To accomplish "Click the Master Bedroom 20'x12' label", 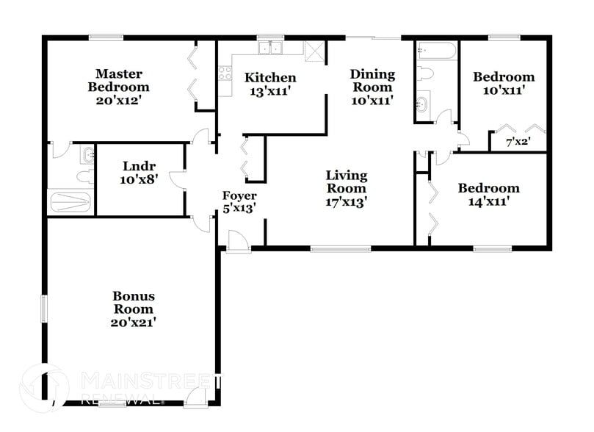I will tap(118, 87).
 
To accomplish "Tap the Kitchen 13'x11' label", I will tap(270, 84).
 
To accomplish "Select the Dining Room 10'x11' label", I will tap(372, 87).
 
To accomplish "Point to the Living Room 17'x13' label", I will tap(347, 189).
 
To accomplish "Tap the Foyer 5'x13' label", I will tap(240, 202).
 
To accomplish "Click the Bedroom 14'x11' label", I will tap(488, 194).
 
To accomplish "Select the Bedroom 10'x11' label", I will tap(503, 83).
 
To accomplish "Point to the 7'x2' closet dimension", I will tap(518, 142).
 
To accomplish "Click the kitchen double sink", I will tap(272, 48).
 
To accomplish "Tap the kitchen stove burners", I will tap(225, 72).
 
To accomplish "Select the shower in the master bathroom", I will tap(71, 203).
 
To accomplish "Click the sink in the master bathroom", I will tap(87, 154).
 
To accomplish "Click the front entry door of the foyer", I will tap(237, 241).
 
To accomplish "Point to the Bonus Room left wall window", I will tap(43, 308).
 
